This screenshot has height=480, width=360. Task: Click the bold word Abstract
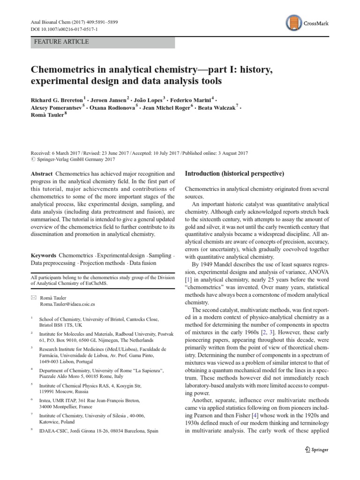point(41,174)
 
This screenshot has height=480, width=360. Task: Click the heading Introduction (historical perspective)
point(234,174)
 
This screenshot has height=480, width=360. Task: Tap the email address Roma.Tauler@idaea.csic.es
point(70,305)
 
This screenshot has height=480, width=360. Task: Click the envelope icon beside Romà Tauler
point(33,297)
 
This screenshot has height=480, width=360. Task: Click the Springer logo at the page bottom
point(316,450)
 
